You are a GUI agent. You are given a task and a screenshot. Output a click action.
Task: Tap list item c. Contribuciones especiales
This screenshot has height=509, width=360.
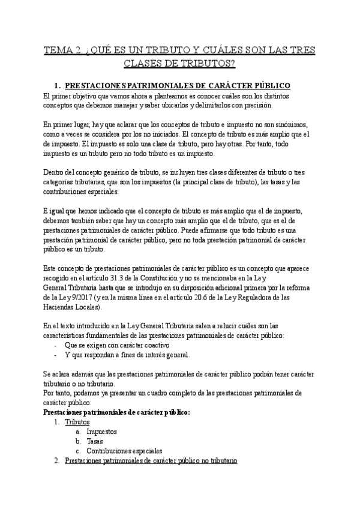coord(124,451)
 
